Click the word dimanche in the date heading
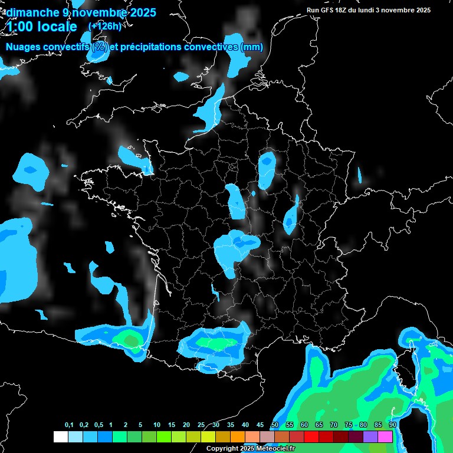tap(33, 12)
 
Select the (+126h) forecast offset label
tap(104, 27)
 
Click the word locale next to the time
tap(57, 27)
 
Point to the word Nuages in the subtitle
tap(24, 47)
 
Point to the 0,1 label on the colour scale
tap(69, 425)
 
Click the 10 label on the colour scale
tap(157, 425)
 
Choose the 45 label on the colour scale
tap(260, 425)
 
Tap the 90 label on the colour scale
tap(393, 425)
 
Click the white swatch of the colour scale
tap(60, 436)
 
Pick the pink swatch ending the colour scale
tap(385, 436)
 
